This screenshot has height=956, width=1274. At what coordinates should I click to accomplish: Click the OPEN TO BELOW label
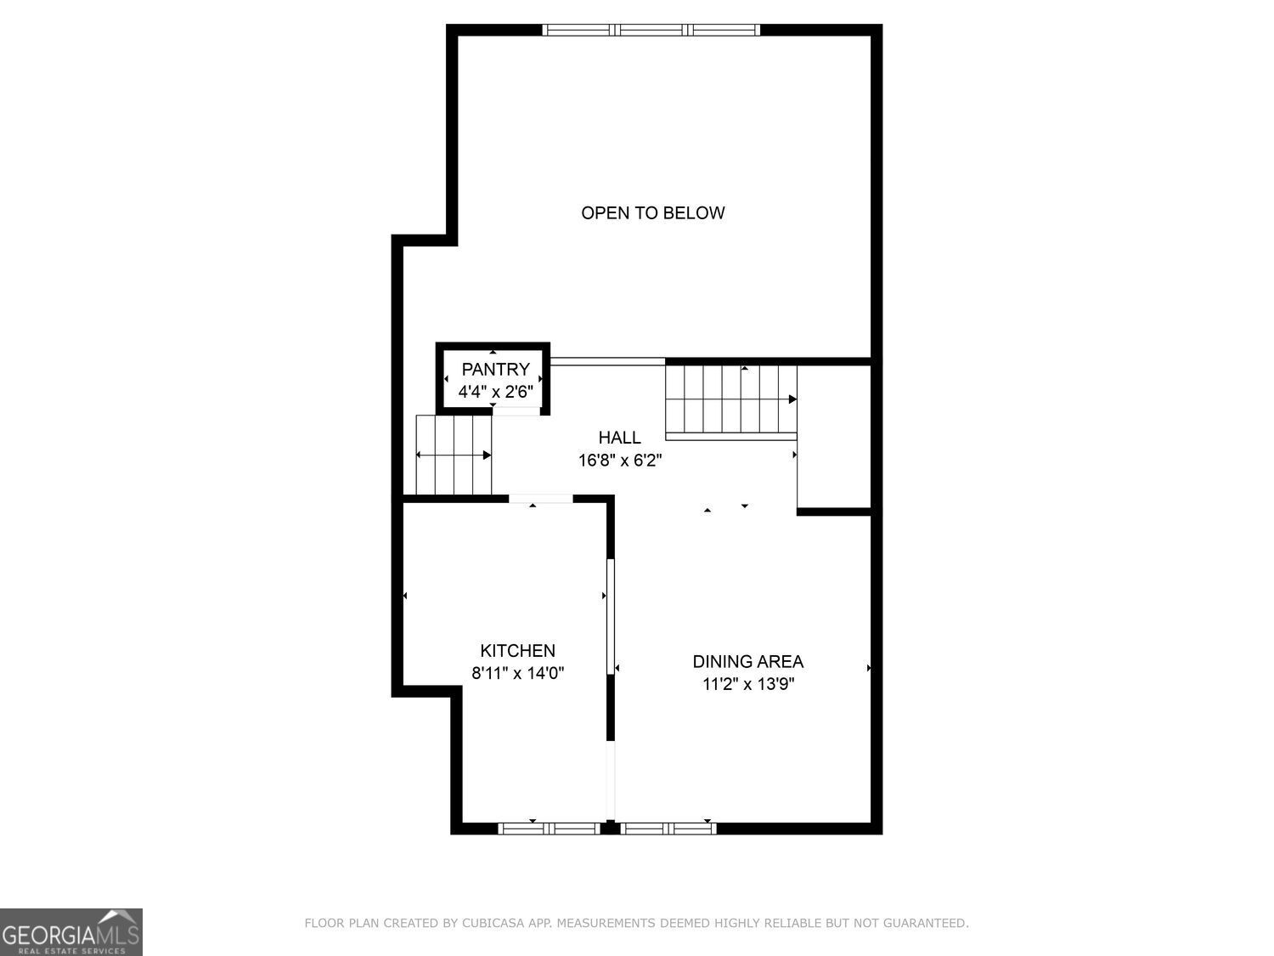[652, 212]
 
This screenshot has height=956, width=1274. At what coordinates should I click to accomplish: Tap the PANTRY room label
[495, 369]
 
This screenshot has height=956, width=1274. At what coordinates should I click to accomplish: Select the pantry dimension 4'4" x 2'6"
[495, 392]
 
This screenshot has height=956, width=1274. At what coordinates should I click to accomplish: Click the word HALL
[619, 438]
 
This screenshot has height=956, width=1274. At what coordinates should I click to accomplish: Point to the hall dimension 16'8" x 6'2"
[619, 461]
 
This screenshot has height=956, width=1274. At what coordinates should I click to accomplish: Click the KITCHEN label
[517, 651]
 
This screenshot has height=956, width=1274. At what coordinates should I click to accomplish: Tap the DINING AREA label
[747, 661]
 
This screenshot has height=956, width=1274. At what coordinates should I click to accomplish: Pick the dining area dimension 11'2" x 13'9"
[747, 684]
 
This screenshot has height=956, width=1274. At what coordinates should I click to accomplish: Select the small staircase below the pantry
[454, 455]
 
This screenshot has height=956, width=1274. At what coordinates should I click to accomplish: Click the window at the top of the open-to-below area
[651, 30]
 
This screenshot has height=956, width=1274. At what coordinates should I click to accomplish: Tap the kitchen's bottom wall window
[549, 829]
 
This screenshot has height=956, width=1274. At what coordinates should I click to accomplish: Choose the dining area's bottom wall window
[668, 829]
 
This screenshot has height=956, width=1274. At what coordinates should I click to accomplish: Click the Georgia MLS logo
[71, 932]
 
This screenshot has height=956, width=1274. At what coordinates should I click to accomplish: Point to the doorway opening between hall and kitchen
[540, 499]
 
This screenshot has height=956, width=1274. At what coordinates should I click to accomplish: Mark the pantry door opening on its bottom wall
[516, 411]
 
